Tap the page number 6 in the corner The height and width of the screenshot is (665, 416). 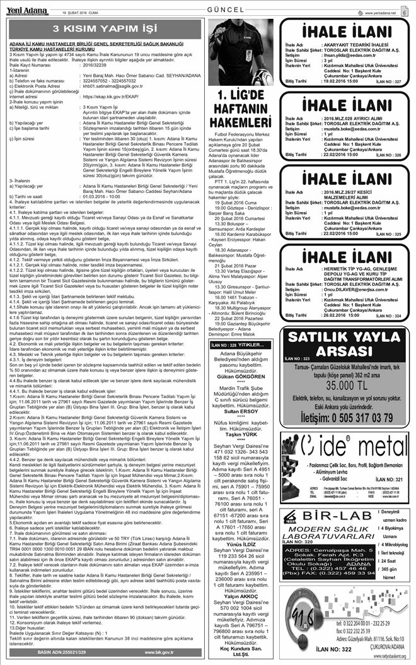tap(404, 11)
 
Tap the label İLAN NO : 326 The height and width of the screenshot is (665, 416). tap(386, 154)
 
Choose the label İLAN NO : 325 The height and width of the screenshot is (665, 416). tap(386, 234)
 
